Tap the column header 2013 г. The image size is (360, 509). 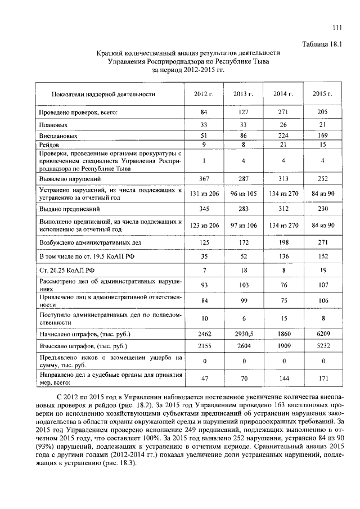pyautogui.click(x=243, y=94)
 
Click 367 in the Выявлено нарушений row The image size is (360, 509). pyautogui.click(x=204, y=178)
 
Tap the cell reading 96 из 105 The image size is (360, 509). pyautogui.click(x=243, y=194)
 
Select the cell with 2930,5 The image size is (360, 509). pyautogui.click(x=243, y=334)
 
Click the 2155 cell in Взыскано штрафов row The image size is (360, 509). pyautogui.click(x=204, y=345)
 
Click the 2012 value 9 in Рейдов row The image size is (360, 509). pyautogui.click(x=204, y=145)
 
